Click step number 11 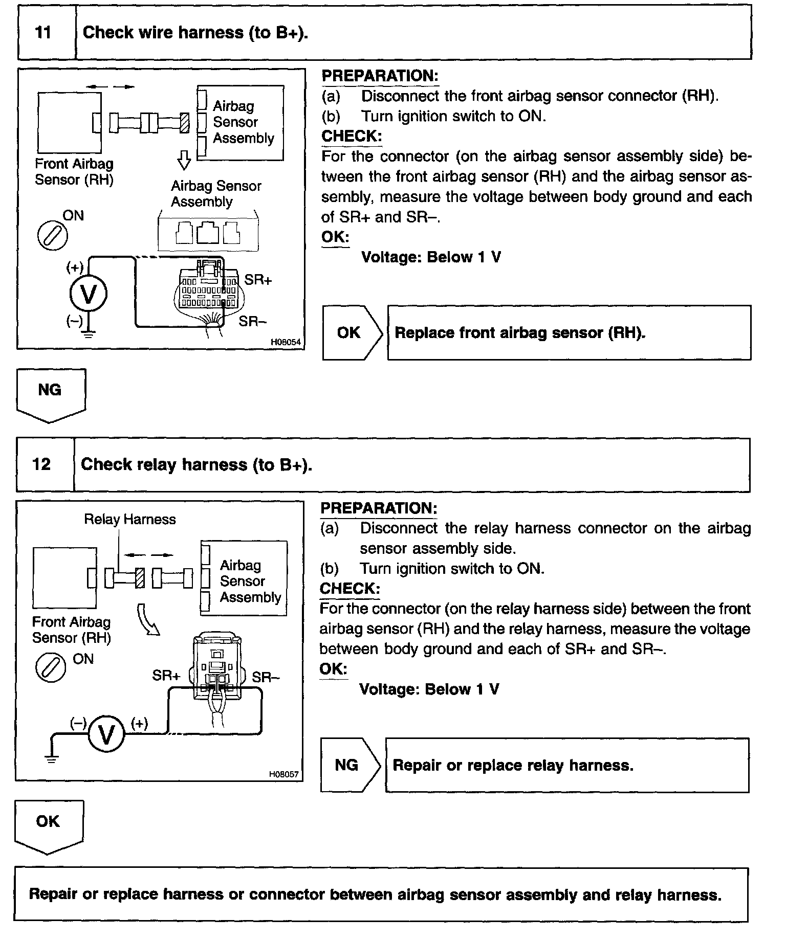pos(43,33)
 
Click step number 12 pos(42,464)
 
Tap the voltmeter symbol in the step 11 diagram pos(89,294)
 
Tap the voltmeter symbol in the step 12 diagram pos(106,735)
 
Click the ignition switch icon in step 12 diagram pos(51,668)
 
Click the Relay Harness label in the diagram pos(130,520)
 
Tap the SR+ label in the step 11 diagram pos(258,280)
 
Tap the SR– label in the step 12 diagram pos(266,678)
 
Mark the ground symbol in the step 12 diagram pos(51,758)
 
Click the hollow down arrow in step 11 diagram pos(184,160)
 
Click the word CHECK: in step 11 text pos(351,137)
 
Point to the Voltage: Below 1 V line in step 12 pos(429,689)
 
